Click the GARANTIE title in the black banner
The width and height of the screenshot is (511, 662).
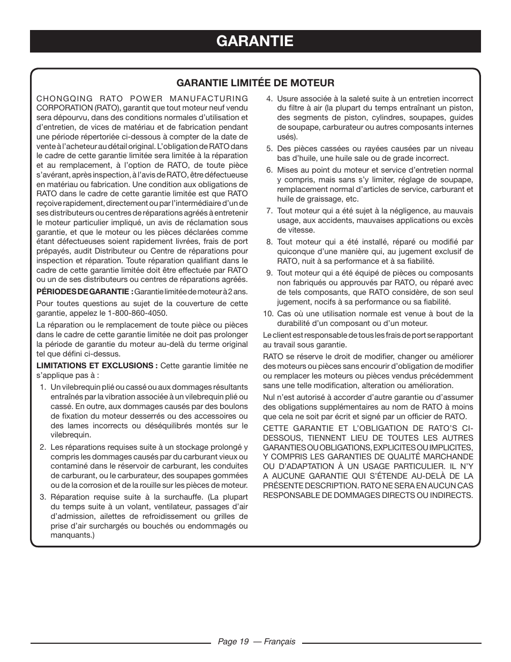(255, 41)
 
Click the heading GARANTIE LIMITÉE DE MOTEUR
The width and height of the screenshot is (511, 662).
(255, 83)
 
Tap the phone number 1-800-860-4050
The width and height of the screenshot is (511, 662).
(137, 313)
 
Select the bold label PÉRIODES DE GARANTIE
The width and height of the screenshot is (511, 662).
(85, 292)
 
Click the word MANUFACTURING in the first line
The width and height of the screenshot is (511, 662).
(217, 99)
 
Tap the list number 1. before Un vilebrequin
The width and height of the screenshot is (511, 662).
(42, 387)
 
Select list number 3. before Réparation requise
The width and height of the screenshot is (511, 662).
(42, 497)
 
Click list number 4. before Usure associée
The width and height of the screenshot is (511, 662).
(269, 99)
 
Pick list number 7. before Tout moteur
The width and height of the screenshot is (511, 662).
(269, 211)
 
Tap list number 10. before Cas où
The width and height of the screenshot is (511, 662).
(268, 314)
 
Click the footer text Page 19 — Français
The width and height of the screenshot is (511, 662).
(255, 642)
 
